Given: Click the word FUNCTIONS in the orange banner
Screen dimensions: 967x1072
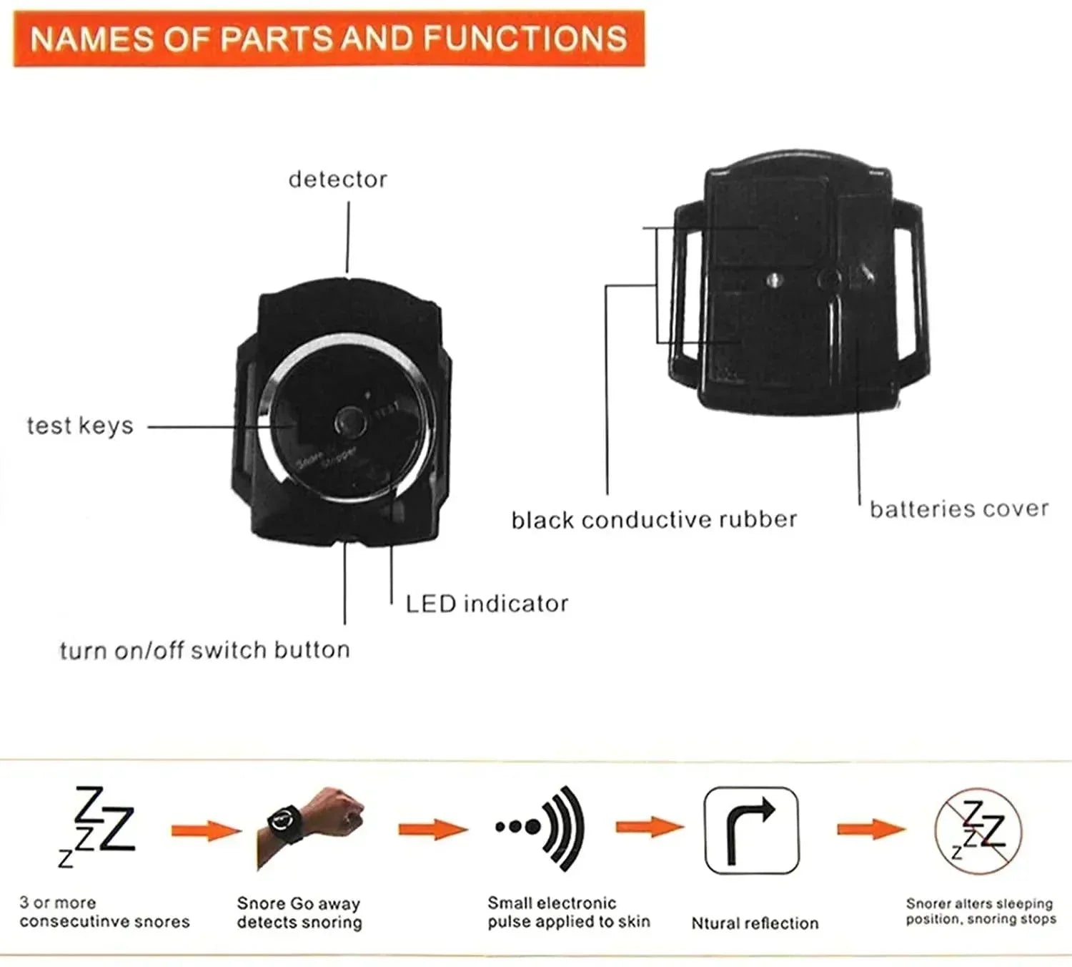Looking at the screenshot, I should click(x=525, y=38).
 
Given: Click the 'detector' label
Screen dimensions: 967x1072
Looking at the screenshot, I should click(x=337, y=179).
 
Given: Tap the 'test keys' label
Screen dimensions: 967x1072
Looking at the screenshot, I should click(x=80, y=426).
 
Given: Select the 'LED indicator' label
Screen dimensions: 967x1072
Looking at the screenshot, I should click(x=487, y=604).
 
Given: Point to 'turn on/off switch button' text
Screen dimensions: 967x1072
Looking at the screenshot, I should click(x=204, y=650).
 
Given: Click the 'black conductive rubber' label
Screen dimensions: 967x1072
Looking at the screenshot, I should click(x=653, y=519).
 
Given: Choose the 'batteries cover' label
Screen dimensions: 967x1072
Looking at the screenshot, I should click(x=958, y=509).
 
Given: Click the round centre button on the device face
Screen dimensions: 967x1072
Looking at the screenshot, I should click(x=350, y=422).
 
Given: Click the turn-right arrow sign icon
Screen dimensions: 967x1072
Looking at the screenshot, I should click(x=751, y=830).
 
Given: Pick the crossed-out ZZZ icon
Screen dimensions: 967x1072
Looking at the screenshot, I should click(x=978, y=832).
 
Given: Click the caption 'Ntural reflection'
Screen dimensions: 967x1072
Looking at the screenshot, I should click(x=755, y=923).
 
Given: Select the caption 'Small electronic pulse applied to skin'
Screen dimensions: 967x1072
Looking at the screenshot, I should click(x=568, y=913).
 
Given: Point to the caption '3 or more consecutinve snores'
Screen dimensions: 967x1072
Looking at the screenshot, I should click(x=104, y=913).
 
